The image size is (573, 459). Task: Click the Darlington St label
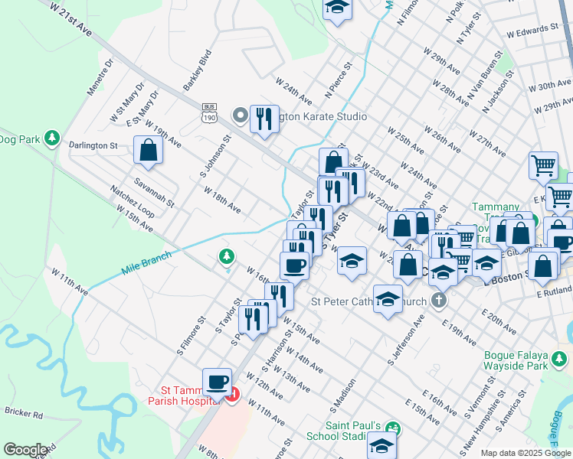click(x=92, y=145)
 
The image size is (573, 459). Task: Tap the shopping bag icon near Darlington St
click(x=149, y=151)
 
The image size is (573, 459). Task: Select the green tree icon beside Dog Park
click(x=52, y=138)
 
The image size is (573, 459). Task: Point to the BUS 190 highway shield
click(x=208, y=112)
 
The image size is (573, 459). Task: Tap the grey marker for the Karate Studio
click(x=240, y=116)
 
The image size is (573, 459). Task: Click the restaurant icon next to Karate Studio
click(x=264, y=119)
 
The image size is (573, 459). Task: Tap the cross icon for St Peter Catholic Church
click(x=438, y=300)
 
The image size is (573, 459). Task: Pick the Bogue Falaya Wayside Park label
click(x=527, y=360)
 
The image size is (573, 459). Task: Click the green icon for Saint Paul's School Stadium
click(x=392, y=428)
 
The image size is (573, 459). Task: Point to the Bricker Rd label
click(x=22, y=413)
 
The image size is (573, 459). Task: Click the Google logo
click(x=25, y=450)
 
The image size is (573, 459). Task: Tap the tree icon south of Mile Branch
click(x=226, y=256)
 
